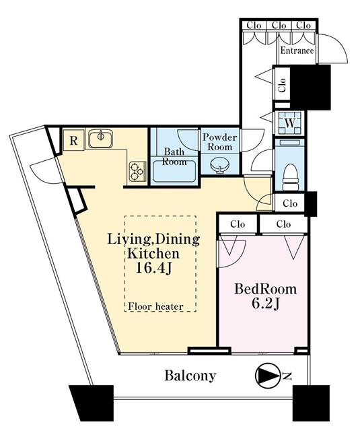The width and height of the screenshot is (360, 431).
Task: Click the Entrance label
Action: (x=297, y=51)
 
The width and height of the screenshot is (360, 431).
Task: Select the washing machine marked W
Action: (x=290, y=123)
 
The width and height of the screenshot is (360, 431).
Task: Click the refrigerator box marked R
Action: (x=73, y=140)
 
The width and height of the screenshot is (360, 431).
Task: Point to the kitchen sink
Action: (x=100, y=137)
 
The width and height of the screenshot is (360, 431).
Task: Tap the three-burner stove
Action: (x=137, y=170)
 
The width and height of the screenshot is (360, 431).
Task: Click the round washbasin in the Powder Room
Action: (x=219, y=166)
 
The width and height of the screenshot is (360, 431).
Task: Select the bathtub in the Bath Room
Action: (x=174, y=172)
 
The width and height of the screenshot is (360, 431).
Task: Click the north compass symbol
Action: (x=266, y=376)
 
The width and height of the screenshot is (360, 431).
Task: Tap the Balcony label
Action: (x=190, y=376)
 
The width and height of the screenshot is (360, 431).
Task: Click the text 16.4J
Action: (x=154, y=268)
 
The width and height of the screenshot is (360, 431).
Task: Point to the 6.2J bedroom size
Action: (x=265, y=304)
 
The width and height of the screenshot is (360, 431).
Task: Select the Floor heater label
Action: (x=155, y=306)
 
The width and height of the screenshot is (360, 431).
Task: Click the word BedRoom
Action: (x=265, y=289)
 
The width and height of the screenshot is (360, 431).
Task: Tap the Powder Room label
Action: (x=219, y=142)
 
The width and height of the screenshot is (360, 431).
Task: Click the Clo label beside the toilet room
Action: (x=290, y=203)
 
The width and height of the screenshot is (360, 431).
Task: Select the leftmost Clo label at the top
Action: (x=254, y=26)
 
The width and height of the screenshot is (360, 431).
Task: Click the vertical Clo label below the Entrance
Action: (x=282, y=86)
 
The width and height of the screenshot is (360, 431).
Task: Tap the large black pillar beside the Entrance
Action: (x=310, y=88)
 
